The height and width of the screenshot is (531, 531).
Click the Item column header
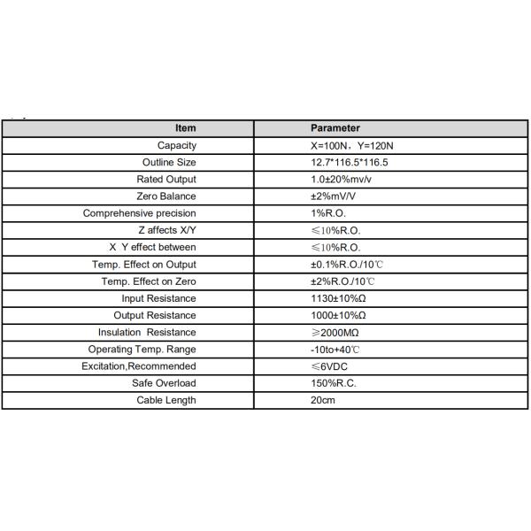click(186, 128)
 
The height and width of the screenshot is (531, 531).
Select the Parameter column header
click(335, 128)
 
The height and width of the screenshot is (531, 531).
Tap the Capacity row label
click(177, 145)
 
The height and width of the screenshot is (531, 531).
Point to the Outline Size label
click(169, 163)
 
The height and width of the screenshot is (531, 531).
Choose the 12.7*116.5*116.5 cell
click(350, 163)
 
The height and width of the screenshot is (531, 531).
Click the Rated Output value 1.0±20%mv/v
click(341, 180)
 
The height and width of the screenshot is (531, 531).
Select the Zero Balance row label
click(166, 196)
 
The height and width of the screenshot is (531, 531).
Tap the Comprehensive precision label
click(140, 213)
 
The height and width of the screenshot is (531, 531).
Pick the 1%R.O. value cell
click(328, 213)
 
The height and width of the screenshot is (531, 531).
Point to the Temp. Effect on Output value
click(348, 265)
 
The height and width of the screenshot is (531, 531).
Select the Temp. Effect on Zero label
click(149, 281)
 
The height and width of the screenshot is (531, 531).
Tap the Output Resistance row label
click(155, 315)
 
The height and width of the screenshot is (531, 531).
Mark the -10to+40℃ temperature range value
click(335, 350)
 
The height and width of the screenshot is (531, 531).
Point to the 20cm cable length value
click(322, 400)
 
